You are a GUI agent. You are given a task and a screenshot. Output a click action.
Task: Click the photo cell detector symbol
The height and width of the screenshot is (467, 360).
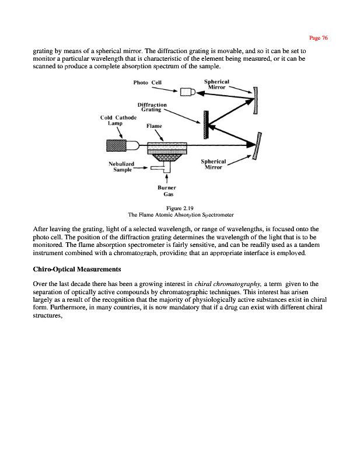point(188,92)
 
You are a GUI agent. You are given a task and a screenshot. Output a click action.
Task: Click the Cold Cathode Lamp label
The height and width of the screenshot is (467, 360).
point(118,120)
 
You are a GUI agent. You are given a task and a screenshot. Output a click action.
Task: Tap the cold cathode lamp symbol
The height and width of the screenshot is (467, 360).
point(119,145)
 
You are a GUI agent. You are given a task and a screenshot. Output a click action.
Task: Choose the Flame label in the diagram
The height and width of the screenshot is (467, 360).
point(154,126)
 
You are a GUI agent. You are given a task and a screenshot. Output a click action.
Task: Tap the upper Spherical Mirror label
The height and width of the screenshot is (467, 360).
point(216,83)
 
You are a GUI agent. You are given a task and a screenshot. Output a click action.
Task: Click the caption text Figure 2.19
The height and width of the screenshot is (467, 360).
point(180,208)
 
